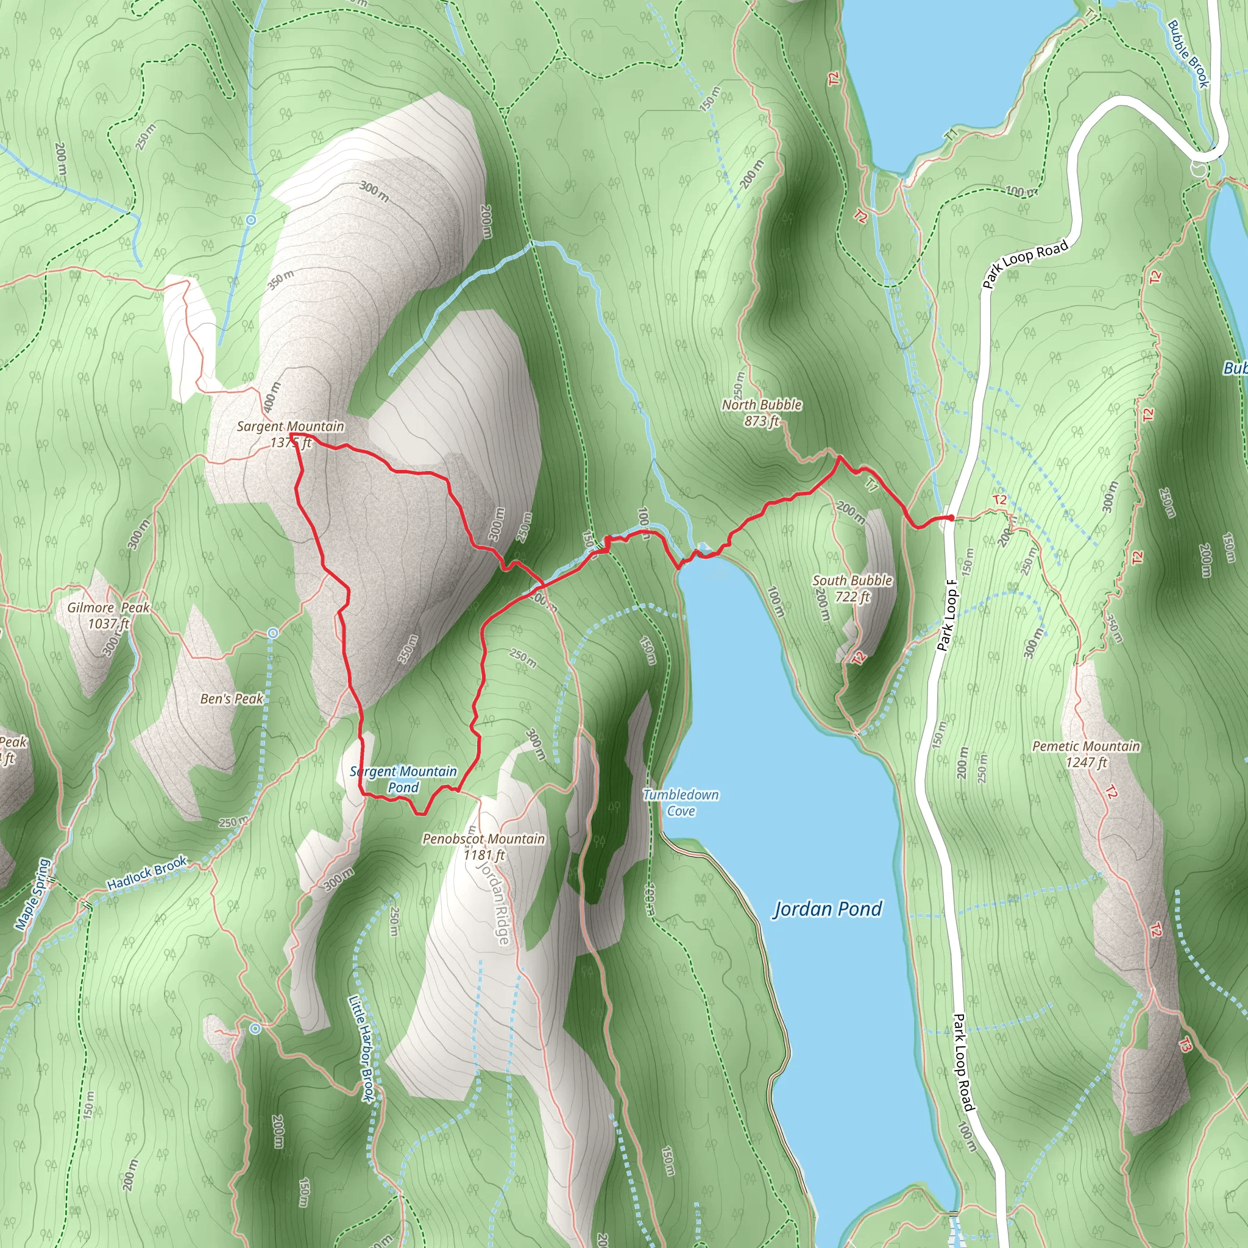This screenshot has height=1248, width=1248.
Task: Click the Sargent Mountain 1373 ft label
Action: click(x=290, y=434)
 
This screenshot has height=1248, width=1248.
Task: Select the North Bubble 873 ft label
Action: click(x=762, y=413)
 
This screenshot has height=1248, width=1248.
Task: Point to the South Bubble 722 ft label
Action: click(x=852, y=589)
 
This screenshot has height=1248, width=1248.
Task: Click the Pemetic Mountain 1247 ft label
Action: click(x=1086, y=754)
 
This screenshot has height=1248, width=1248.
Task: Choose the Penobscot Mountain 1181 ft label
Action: click(x=483, y=846)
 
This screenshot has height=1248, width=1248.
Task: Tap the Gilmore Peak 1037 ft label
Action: click(x=108, y=615)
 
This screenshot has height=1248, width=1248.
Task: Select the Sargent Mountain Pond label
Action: click(x=403, y=779)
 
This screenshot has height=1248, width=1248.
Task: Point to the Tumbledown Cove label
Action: click(x=681, y=803)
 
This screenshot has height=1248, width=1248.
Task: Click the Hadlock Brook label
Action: click(x=147, y=873)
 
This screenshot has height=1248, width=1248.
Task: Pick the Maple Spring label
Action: click(x=32, y=895)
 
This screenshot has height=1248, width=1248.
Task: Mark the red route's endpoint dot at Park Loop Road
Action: click(x=951, y=517)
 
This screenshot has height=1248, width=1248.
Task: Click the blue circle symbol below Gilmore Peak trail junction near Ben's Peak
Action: click(x=273, y=633)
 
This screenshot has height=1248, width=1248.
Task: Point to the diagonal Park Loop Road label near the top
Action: click(x=1025, y=263)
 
